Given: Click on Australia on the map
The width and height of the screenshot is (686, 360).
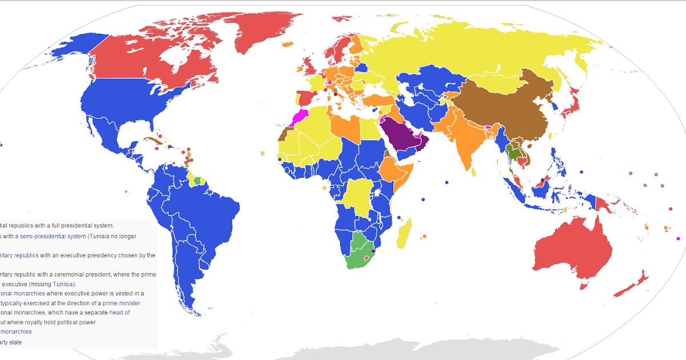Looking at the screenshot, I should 572,251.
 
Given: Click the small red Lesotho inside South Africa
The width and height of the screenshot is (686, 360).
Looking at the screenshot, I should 366,259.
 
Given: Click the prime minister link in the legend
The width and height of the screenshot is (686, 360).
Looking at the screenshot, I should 121,303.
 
